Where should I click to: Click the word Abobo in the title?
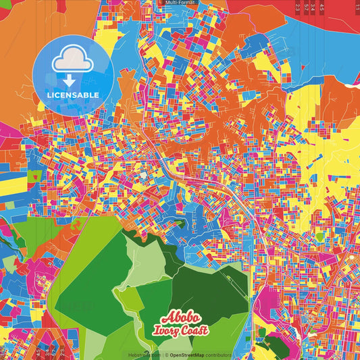180,318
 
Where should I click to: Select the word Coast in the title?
195,330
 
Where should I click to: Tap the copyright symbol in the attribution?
165,355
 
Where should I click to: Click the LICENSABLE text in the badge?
73,95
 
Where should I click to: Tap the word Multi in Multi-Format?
171,3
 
